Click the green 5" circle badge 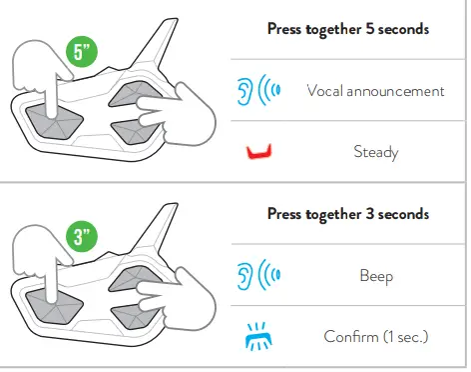(82, 52)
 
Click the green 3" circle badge (82, 236)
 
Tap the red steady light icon (259, 152)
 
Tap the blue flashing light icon (258, 336)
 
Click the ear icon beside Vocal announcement (243, 91)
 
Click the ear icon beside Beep (243, 275)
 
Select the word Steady (376, 152)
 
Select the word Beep (376, 276)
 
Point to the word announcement (395, 91)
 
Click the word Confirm (350, 337)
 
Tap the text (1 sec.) (405, 337)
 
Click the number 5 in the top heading (370, 29)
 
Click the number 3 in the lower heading (370, 214)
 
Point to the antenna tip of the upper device (176, 19)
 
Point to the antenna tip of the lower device (176, 204)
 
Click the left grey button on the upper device (54, 122)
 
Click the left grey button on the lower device (54, 306)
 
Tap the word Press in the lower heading (284, 214)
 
